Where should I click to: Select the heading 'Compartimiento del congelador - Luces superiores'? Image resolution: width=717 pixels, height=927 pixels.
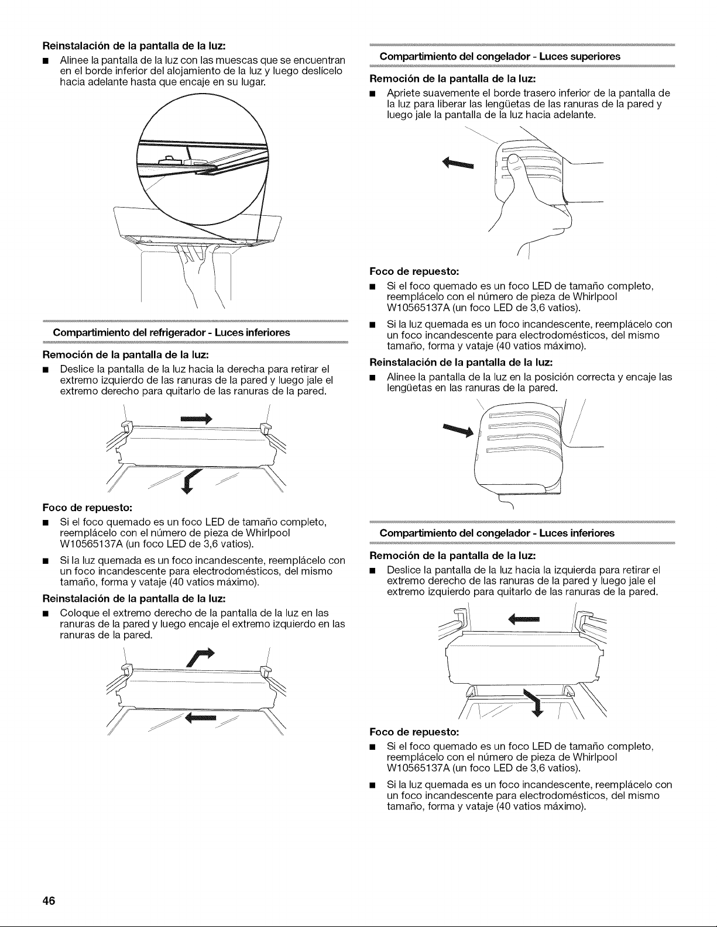tap(500, 56)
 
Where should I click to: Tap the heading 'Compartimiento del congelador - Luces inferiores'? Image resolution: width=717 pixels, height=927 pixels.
tap(497, 533)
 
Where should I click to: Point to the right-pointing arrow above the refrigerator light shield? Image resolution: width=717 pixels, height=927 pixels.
tap(196, 419)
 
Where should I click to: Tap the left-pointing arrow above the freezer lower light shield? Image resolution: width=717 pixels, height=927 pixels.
tap(524, 619)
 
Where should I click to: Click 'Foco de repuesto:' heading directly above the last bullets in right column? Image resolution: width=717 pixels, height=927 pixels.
tap(414, 732)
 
